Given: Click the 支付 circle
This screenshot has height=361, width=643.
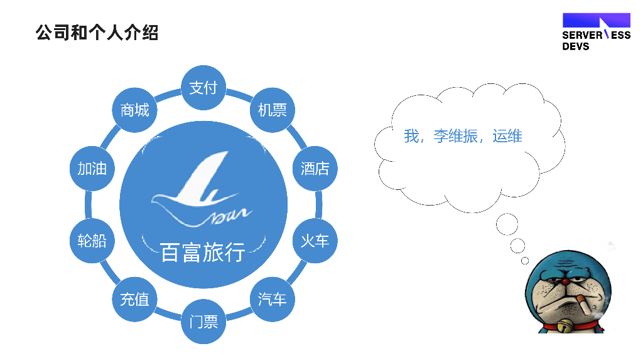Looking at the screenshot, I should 203,88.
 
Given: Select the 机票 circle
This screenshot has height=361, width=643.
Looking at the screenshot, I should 273,110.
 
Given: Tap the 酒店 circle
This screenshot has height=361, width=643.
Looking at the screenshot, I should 315,168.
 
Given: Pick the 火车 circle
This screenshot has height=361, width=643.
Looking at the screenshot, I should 315,241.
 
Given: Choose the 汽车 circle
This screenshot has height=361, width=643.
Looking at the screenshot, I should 273,299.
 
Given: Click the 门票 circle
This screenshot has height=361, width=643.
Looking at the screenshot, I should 203,322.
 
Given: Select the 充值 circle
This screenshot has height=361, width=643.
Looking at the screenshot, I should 134,299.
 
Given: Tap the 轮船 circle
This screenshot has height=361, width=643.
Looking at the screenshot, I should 92,241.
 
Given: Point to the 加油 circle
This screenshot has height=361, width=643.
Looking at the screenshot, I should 92,168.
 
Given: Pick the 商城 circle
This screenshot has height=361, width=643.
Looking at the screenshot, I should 134,110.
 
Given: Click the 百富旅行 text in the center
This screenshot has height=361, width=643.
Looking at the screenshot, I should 203,252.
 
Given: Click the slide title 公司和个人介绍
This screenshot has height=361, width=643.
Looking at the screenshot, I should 97,32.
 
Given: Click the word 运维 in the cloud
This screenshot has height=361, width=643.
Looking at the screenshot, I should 507,136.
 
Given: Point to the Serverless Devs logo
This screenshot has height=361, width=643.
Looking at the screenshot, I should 596,32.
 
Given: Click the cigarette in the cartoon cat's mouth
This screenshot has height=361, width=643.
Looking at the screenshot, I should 585,306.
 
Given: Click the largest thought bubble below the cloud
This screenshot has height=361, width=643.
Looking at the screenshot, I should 507,224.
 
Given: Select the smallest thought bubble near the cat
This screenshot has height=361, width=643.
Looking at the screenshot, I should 525,260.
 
